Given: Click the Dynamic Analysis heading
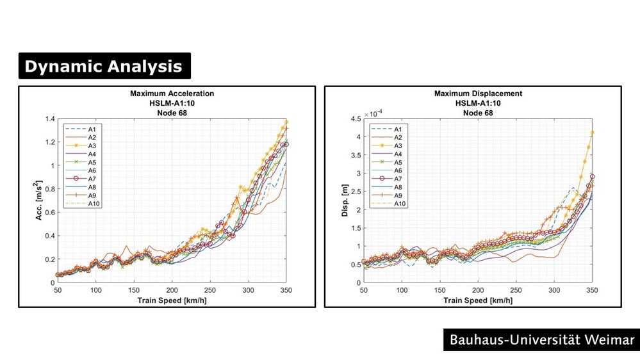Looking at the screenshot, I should point(104,67).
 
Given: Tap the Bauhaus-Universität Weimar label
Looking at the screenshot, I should point(541,339).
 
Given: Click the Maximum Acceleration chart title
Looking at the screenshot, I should point(172,94).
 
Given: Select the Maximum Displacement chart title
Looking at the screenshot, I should point(478,94).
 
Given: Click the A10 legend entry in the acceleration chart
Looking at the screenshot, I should point(90,204).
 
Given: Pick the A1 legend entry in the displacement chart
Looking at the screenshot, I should point(396,129).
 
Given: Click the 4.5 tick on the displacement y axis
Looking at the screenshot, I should point(354,119).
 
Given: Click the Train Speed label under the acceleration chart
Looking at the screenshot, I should point(172,299).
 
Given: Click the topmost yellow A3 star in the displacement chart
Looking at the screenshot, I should point(593,133).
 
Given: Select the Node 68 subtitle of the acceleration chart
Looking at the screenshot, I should point(172,112).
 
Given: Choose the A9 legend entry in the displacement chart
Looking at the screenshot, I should point(396,195).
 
